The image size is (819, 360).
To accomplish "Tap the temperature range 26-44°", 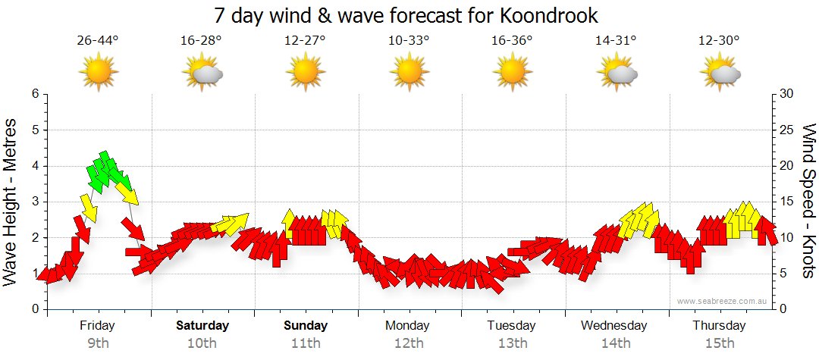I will click(x=98, y=41).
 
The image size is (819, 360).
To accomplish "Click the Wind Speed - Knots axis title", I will click(x=808, y=202).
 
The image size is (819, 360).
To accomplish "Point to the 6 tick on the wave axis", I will click(x=35, y=94).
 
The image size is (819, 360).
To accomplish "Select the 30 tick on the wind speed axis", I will click(x=786, y=94).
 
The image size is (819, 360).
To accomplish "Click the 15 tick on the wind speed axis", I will click(x=786, y=202).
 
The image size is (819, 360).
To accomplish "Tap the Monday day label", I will click(x=408, y=326).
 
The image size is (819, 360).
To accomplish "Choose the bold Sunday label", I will click(x=306, y=326).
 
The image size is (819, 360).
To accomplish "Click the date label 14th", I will click(x=616, y=343).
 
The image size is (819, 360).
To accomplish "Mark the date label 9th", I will click(x=98, y=343).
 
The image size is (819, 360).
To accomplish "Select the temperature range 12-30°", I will click(x=719, y=41).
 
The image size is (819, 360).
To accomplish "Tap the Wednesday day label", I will click(x=614, y=326).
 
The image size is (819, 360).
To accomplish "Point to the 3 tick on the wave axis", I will click(x=35, y=202).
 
